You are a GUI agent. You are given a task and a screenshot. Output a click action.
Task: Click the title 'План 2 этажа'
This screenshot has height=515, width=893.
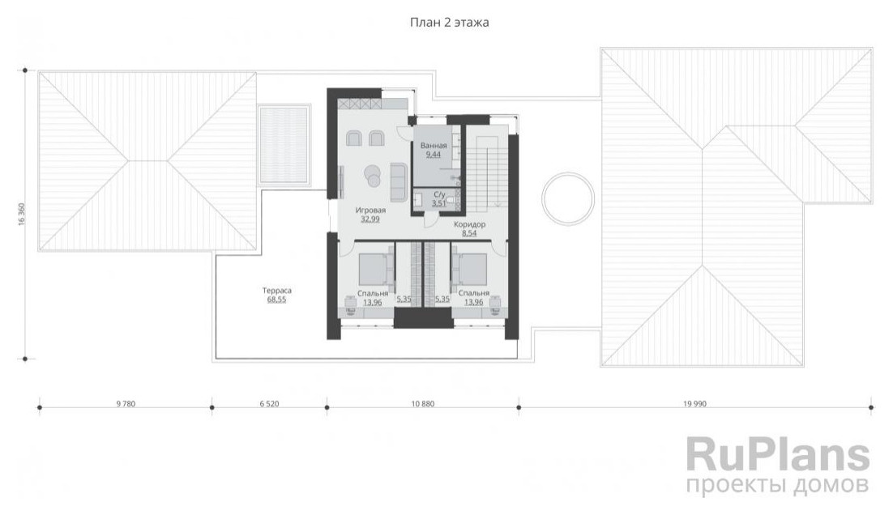450,23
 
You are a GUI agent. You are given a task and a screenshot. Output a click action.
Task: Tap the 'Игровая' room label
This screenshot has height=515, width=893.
370,211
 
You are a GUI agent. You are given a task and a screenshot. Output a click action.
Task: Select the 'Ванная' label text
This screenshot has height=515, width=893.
434,146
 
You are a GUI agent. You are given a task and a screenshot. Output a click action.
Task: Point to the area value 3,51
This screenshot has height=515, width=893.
439,202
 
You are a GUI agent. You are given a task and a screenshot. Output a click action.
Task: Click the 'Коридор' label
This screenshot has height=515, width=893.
470,225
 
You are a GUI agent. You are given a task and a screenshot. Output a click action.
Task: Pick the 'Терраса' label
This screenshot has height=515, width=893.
277,291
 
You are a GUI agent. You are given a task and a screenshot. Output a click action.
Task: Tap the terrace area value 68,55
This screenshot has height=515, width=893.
277,300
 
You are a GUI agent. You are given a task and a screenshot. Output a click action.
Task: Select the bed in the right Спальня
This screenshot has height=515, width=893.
468,269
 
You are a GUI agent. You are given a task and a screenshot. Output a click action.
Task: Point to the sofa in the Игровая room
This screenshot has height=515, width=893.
398,181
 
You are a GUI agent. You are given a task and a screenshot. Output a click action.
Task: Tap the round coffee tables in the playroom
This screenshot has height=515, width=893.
374,175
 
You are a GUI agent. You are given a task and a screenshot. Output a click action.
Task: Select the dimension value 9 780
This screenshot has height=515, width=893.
126,404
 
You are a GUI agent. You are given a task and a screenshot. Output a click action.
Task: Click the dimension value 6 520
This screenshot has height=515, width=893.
269,404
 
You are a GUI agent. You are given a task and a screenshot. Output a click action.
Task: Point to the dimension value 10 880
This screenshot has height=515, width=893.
422,404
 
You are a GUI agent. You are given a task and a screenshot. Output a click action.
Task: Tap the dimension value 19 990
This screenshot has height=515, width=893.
694,404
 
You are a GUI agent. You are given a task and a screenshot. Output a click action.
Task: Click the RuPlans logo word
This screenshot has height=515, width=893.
778,454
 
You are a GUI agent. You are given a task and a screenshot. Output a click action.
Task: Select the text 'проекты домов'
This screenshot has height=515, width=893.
778,485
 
